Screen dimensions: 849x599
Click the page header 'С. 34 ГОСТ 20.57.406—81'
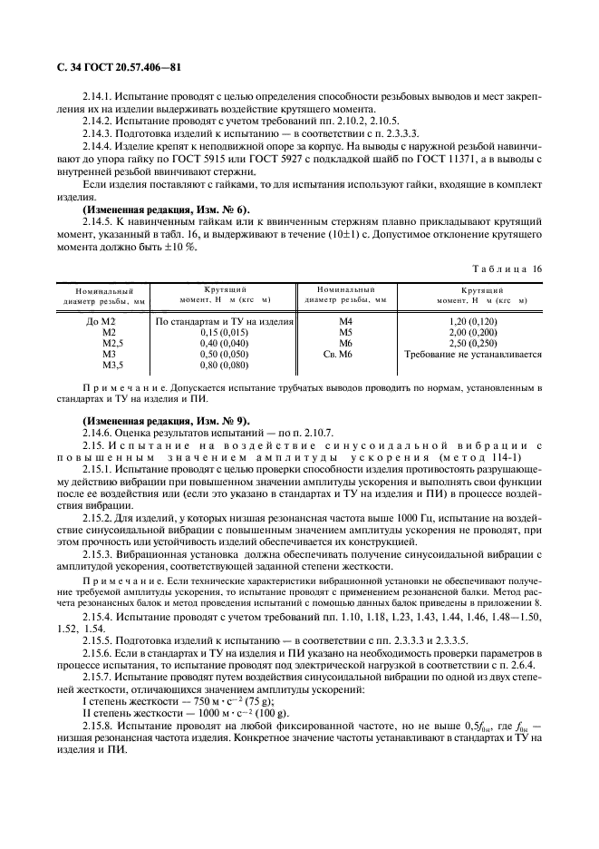coord(114,68)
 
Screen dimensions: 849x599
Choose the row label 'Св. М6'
coord(346,355)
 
